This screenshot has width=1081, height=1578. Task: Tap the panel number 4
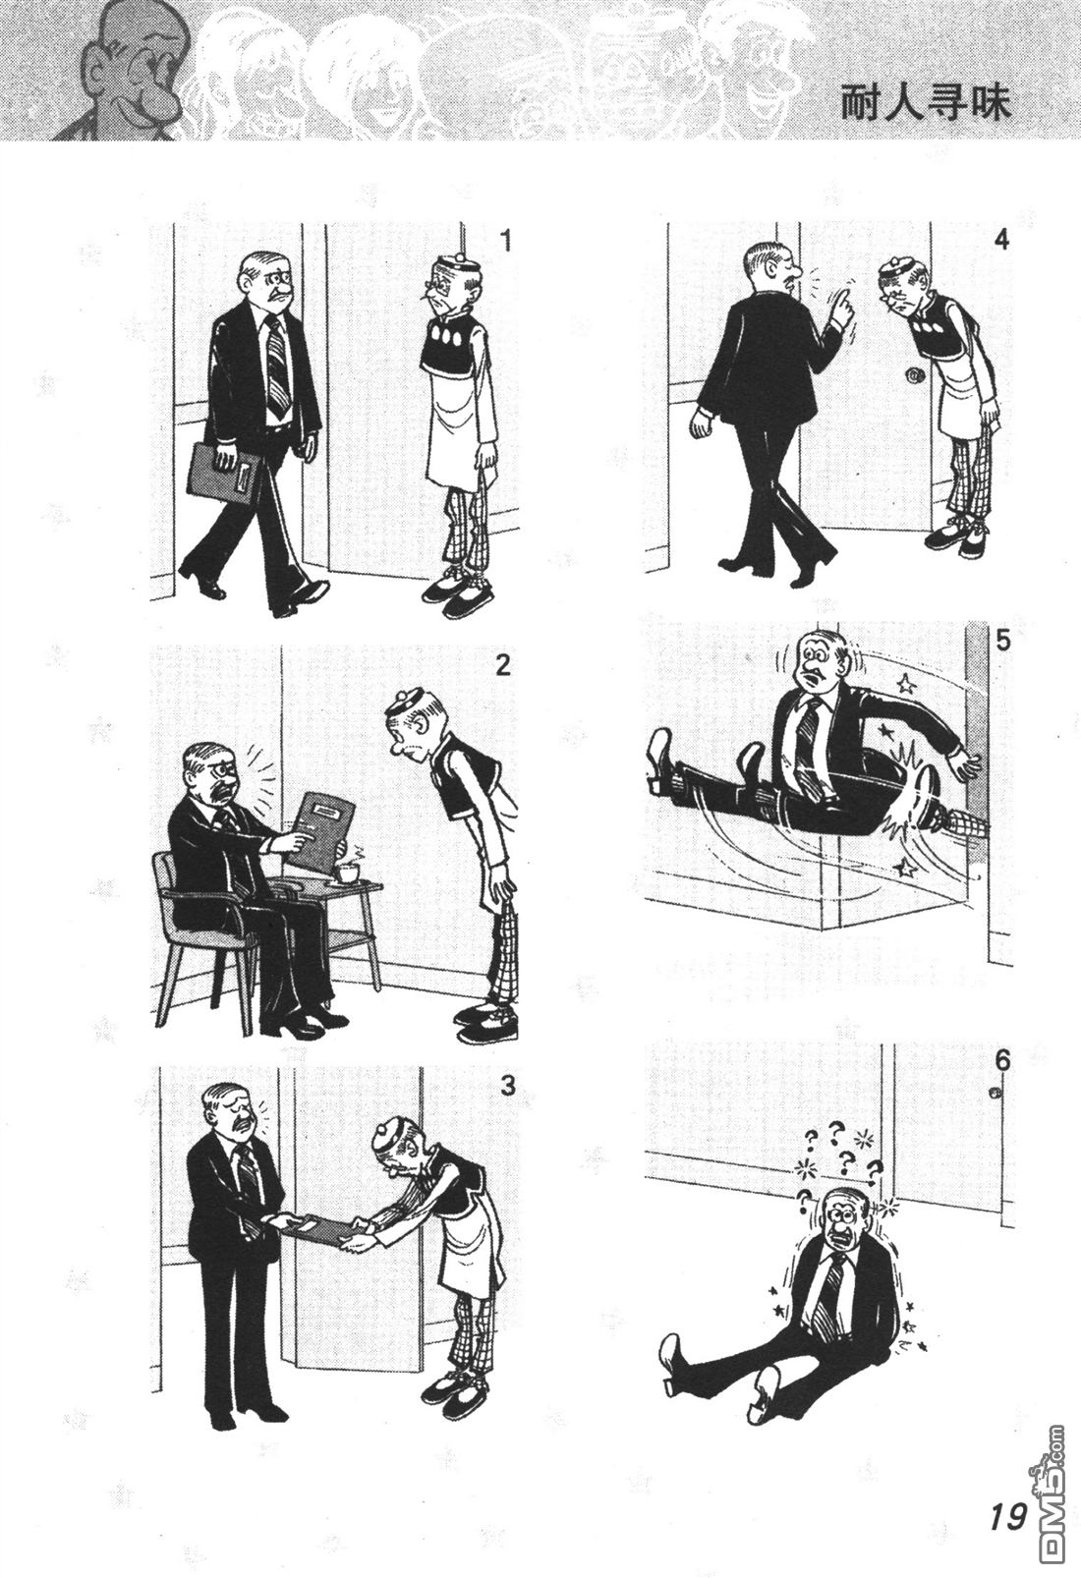tap(1000, 240)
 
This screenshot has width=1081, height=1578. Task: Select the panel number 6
tap(1002, 1079)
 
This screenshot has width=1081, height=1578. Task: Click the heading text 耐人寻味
tap(926, 104)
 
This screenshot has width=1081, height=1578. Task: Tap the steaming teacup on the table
tap(346, 872)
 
